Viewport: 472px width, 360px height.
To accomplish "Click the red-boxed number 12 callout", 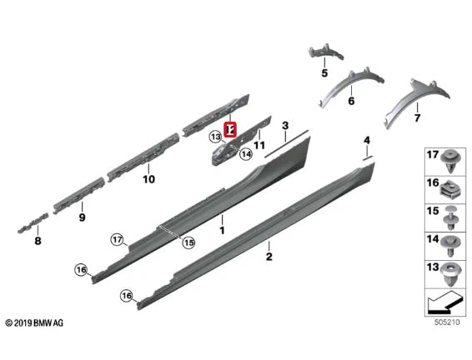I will [230, 130].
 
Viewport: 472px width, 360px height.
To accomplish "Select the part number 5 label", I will [324, 73].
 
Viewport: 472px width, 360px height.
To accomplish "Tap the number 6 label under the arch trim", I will [350, 101].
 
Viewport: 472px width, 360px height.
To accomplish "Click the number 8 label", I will [37, 241].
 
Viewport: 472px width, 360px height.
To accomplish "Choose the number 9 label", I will [82, 217].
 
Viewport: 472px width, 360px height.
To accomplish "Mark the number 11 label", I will [259, 145].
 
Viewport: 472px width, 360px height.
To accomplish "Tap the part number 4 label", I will [366, 139].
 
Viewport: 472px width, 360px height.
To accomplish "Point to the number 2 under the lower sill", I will [269, 257].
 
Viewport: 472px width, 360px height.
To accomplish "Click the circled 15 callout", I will [188, 242].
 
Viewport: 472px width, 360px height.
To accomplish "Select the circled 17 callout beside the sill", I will [118, 240].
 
